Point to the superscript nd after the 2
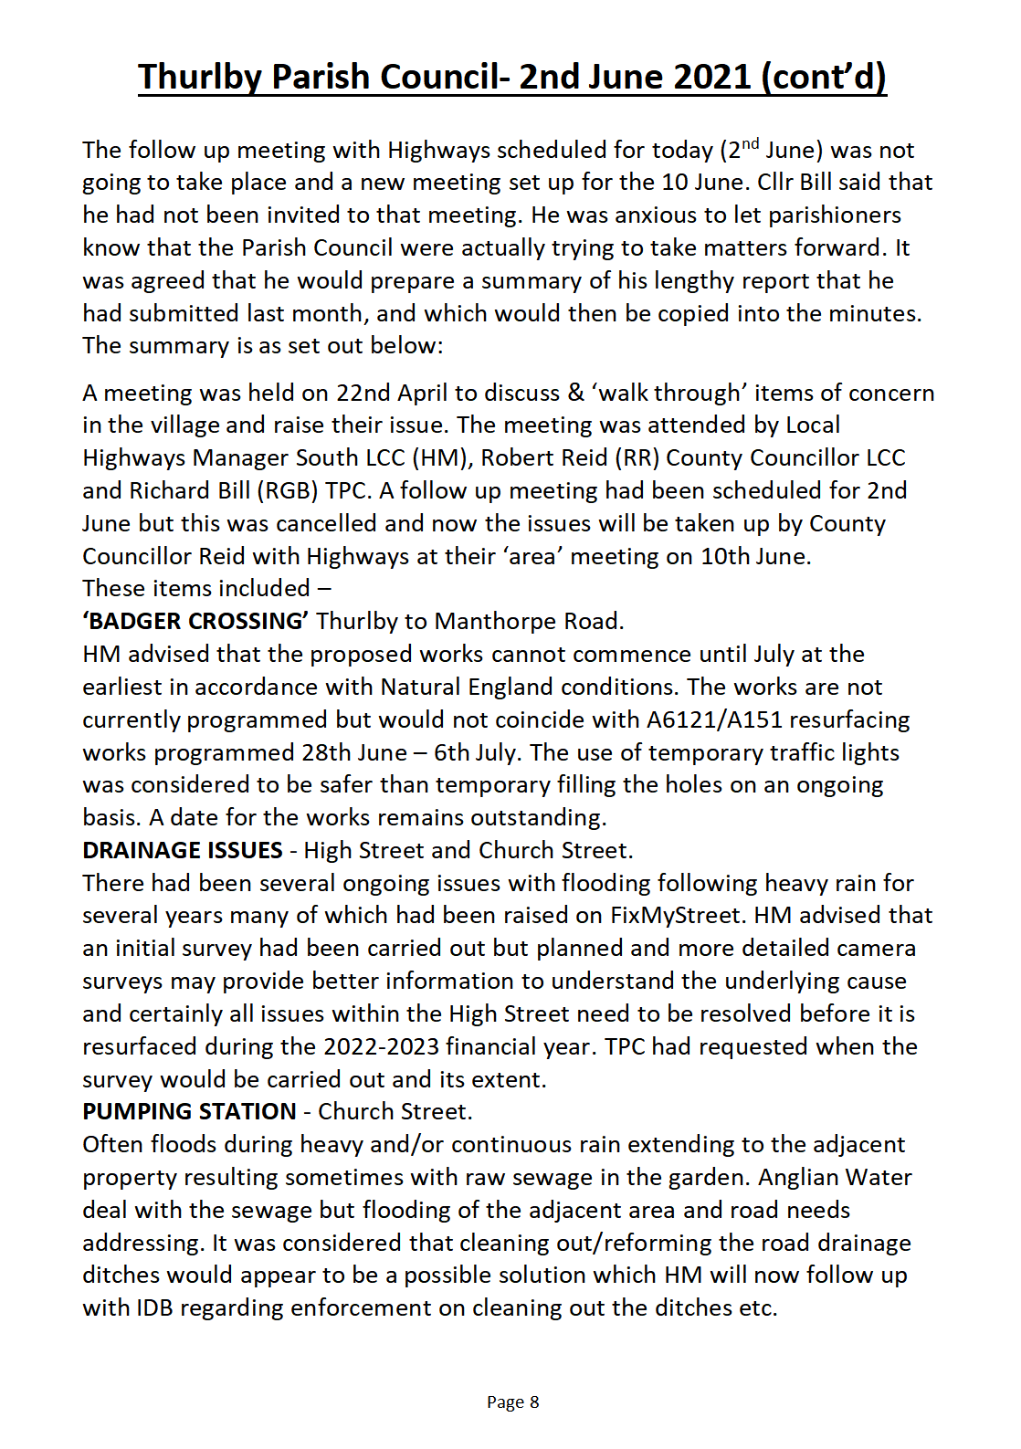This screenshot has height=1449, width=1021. click(x=750, y=143)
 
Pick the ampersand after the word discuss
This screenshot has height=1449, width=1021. click(x=575, y=394)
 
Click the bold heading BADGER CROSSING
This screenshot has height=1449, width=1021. click(x=195, y=622)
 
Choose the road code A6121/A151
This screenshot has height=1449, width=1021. click(x=714, y=720)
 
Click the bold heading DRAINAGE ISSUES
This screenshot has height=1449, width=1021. click(x=183, y=851)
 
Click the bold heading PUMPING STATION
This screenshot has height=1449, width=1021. click(x=189, y=1112)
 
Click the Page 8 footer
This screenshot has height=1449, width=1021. click(x=512, y=1402)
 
